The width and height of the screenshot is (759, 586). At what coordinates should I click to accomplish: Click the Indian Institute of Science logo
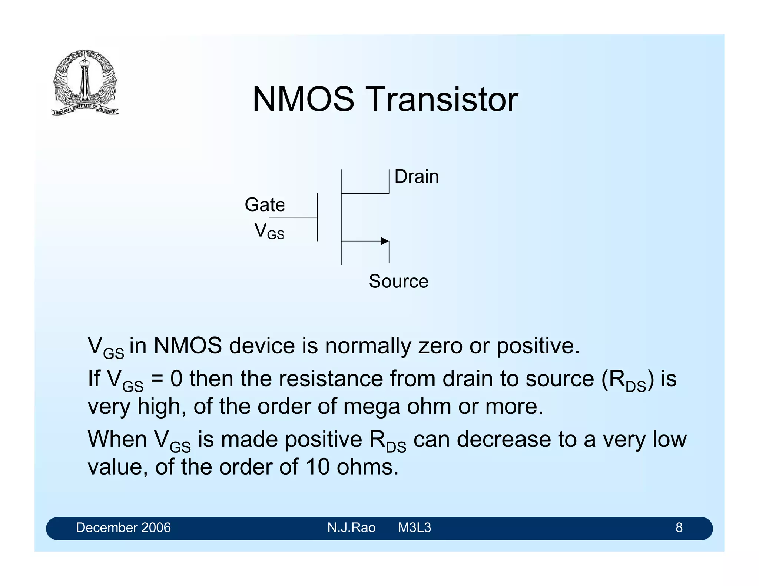click(x=85, y=83)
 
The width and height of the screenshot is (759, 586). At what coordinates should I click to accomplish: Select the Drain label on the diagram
click(x=416, y=177)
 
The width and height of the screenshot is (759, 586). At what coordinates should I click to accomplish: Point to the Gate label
click(x=265, y=205)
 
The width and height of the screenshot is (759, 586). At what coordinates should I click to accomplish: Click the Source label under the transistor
click(x=398, y=281)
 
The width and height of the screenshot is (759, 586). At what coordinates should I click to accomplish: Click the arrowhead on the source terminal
click(x=385, y=241)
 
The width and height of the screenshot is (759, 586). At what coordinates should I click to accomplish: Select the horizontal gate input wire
click(x=293, y=217)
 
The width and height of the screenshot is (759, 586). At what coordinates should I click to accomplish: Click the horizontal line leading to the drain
click(x=365, y=193)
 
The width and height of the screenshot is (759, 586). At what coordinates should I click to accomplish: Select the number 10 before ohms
click(x=317, y=467)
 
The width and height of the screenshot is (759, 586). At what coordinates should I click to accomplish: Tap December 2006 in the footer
click(x=123, y=527)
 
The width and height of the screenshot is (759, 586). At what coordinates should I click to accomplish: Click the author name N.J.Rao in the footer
click(x=351, y=527)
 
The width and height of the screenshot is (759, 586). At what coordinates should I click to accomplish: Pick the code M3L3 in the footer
click(x=414, y=527)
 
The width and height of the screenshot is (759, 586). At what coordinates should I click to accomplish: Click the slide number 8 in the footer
click(x=679, y=527)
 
